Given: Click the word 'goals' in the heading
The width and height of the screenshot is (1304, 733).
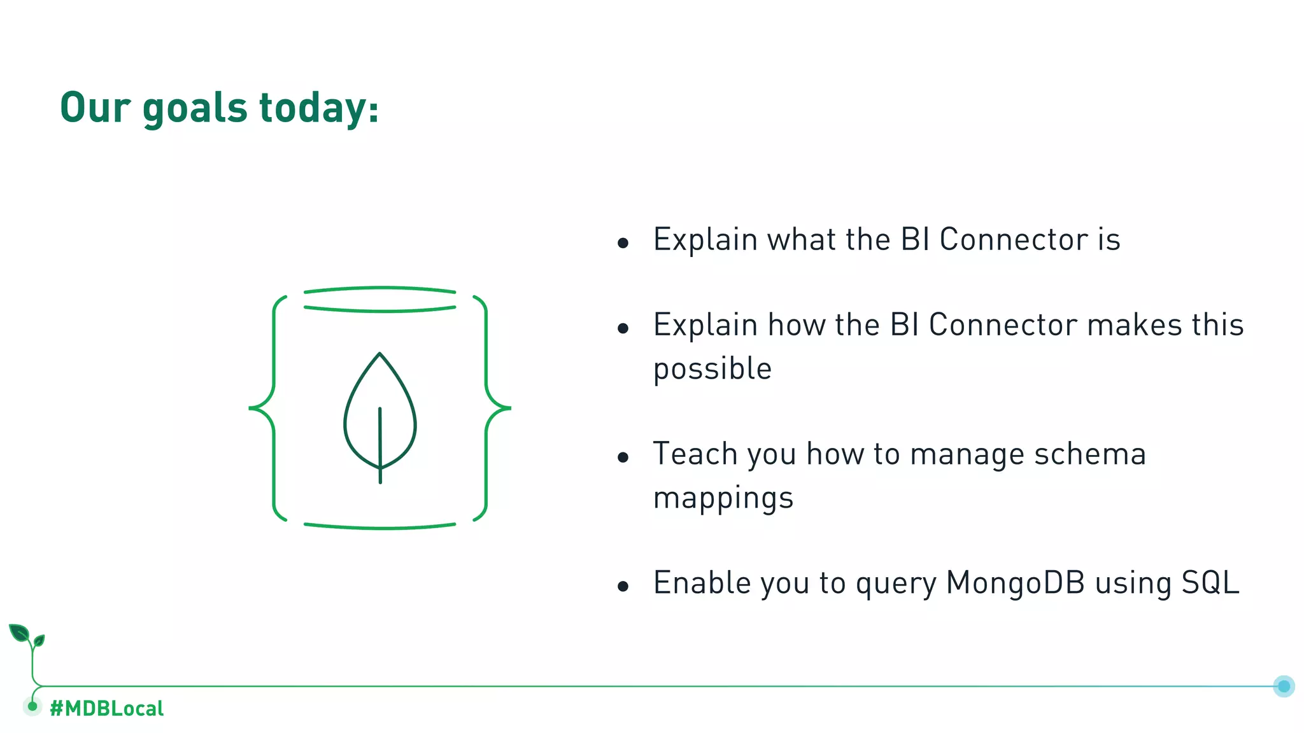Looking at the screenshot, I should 194,108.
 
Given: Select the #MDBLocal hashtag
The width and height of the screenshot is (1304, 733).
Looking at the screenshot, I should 106,708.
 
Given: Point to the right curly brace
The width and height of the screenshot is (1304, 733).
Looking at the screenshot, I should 493,407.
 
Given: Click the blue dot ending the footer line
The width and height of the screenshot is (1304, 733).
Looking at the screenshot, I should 1284,686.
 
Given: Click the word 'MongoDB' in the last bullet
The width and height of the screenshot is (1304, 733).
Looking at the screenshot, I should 1015,583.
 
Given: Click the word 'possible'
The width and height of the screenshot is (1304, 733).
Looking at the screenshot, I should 712,370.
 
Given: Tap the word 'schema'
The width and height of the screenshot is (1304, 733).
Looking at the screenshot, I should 1090,454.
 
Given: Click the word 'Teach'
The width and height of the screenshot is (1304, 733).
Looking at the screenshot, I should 695,454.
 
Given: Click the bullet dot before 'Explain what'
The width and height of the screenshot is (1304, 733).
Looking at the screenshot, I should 623,242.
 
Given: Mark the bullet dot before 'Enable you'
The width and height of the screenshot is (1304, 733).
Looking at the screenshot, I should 623,586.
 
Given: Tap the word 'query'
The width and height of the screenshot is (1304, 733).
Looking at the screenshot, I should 896,584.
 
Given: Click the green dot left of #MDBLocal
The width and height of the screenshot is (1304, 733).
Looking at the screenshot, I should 32,706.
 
